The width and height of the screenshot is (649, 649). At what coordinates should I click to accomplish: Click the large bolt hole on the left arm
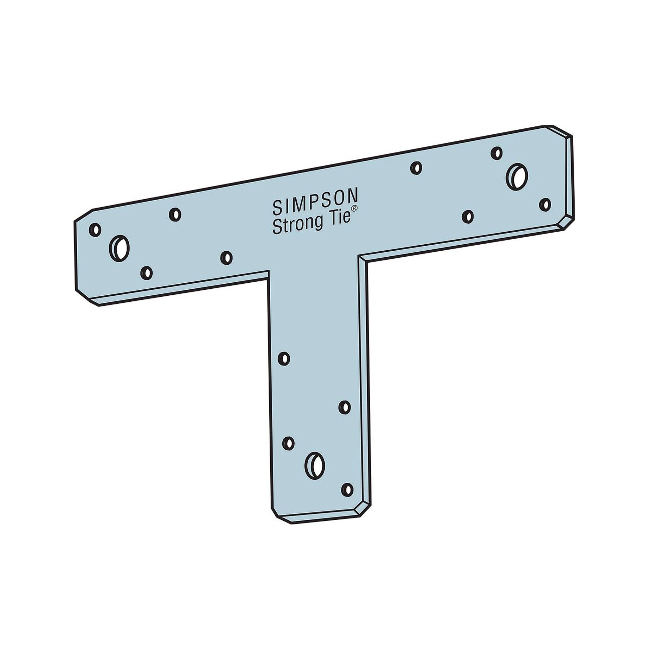[119, 248]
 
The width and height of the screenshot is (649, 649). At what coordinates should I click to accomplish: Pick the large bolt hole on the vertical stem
[315, 466]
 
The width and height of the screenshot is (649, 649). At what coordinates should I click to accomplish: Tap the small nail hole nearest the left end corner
[95, 230]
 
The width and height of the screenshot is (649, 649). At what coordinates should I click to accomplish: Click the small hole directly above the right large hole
[497, 153]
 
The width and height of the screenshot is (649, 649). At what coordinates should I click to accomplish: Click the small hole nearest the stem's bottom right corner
[347, 490]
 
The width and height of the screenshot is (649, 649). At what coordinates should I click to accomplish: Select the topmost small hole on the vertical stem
[284, 359]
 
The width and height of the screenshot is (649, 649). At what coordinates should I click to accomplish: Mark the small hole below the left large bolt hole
[146, 273]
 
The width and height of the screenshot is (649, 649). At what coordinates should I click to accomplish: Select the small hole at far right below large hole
[545, 205]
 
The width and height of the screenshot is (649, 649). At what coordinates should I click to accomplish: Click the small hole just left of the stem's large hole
[288, 443]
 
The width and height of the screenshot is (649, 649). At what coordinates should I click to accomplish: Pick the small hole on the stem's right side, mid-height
[345, 408]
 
